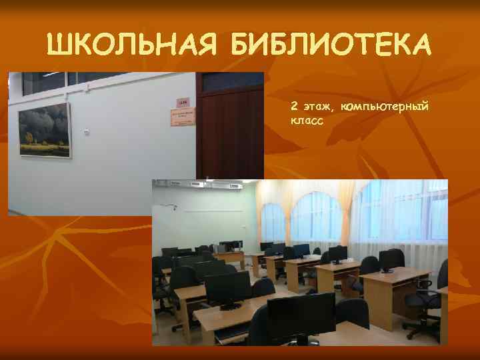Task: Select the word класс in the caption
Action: [307, 122]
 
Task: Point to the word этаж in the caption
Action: [318, 107]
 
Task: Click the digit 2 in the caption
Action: [294, 106]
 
